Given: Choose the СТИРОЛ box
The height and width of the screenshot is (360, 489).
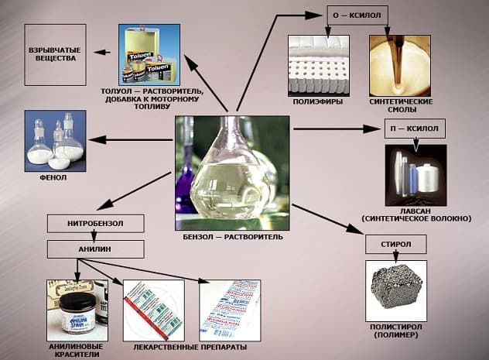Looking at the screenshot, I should pos(397,245).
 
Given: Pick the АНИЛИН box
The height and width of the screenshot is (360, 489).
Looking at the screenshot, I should pos(95,249).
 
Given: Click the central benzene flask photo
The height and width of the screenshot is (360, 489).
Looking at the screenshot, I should pos(232,168).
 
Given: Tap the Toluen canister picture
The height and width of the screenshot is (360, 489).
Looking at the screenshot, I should pos(149,54).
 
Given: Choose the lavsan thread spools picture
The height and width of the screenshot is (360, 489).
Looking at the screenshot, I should pos(415,175).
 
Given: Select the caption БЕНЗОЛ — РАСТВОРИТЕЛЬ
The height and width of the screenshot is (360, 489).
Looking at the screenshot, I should pos(233,236).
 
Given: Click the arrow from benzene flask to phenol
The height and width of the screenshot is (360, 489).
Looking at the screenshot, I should pos(132,140).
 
